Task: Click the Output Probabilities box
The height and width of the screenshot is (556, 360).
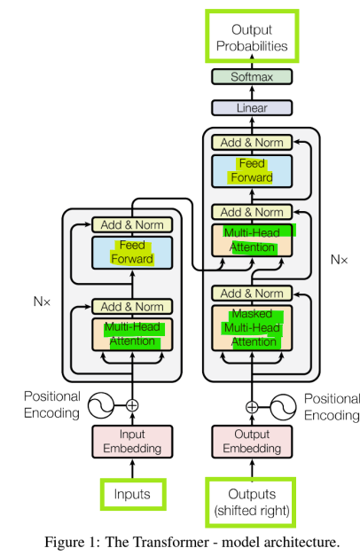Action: coord(251,37)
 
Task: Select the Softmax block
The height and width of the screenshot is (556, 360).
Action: coord(251,77)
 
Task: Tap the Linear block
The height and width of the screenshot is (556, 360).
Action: coord(251,108)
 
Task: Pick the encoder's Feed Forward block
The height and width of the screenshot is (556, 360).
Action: coord(131,252)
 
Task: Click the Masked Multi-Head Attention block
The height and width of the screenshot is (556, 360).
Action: coord(251,327)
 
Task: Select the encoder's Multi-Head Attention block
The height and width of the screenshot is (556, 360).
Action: coord(131,335)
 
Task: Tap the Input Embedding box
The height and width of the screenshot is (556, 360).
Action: coord(131,441)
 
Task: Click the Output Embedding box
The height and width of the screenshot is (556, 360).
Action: coord(251,441)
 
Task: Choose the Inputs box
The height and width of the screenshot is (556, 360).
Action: coord(131,493)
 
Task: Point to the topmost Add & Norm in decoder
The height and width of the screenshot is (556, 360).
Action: coord(251,142)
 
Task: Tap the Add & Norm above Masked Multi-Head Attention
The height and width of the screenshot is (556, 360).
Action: coord(251,294)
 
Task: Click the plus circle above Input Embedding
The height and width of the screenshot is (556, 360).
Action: coord(132,405)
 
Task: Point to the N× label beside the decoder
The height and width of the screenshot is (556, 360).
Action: coord(339,260)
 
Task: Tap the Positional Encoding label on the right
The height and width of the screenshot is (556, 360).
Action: coord(331,406)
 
